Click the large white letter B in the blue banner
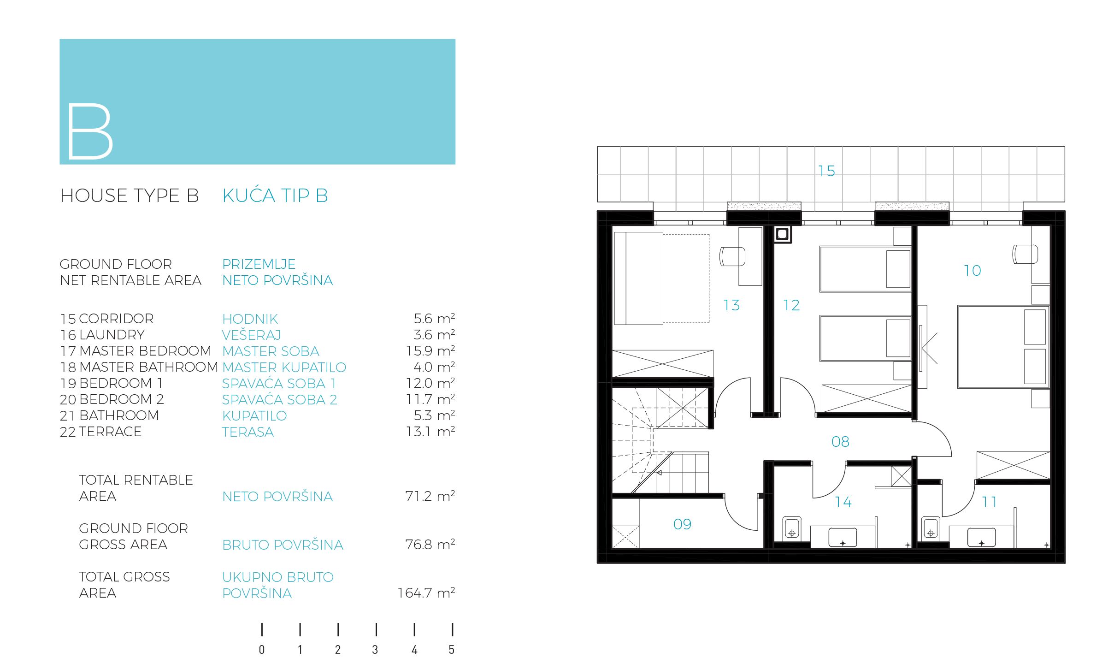pyautogui.click(x=90, y=131)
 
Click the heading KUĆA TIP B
pyautogui.click(x=275, y=195)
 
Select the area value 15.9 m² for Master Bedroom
pyautogui.click(x=430, y=351)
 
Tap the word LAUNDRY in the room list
pyautogui.click(x=112, y=335)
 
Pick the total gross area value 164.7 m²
pyautogui.click(x=426, y=593)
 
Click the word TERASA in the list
pyautogui.click(x=248, y=432)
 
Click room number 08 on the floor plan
pyautogui.click(x=840, y=442)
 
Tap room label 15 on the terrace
pyautogui.click(x=826, y=171)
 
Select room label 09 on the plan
pyautogui.click(x=682, y=524)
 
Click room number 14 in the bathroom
pyautogui.click(x=843, y=502)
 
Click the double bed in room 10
pyautogui.click(x=1003, y=346)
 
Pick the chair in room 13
pyautogui.click(x=732, y=256)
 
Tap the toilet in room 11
pyautogui.click(x=931, y=528)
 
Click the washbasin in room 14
pyautogui.click(x=843, y=538)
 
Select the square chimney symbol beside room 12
pyautogui.click(x=782, y=234)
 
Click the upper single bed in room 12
pyautogui.click(x=865, y=269)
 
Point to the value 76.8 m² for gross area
pyautogui.click(x=430, y=545)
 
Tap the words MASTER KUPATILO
pyautogui.click(x=284, y=368)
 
